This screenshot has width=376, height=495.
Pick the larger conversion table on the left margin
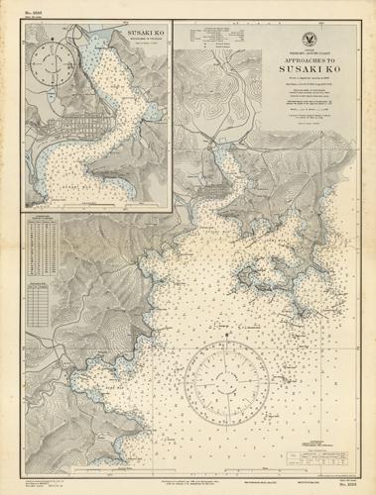pyautogui.click(x=40, y=243)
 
